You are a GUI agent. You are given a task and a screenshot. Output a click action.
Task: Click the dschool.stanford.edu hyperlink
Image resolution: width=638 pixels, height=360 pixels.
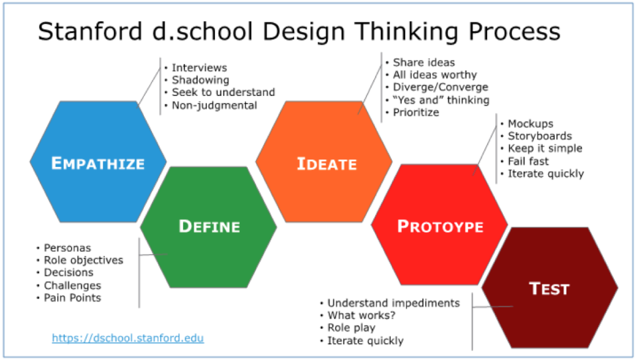(128, 338)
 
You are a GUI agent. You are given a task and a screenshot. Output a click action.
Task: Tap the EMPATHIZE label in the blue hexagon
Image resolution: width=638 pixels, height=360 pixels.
(98, 163)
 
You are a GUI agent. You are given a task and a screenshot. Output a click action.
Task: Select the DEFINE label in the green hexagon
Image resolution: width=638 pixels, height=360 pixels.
(209, 226)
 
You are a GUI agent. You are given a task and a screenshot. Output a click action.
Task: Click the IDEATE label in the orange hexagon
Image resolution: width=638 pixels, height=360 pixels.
(326, 164)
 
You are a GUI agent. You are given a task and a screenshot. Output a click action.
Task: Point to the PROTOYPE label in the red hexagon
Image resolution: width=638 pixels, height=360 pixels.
(440, 226)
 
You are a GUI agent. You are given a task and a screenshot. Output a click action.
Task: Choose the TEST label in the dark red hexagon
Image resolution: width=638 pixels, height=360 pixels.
(550, 288)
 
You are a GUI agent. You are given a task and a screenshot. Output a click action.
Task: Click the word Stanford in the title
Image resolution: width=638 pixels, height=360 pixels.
(90, 31)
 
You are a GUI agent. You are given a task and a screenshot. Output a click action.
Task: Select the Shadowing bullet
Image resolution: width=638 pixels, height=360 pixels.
(200, 80)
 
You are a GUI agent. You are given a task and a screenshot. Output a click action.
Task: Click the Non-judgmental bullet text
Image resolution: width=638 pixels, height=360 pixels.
(214, 105)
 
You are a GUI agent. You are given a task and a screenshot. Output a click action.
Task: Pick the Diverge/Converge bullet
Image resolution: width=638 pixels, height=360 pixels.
(440, 87)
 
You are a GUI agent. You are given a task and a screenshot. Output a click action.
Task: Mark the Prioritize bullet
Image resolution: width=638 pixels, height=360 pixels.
(416, 112)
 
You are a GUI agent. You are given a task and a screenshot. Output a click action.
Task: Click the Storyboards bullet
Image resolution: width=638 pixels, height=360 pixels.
(540, 136)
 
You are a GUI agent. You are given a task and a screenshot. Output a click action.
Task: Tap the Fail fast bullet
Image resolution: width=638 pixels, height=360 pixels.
(528, 161)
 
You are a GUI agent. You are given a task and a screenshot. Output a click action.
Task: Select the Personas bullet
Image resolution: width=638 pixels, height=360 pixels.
(67, 248)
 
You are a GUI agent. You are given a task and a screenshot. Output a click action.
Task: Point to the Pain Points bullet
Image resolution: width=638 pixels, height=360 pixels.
(72, 298)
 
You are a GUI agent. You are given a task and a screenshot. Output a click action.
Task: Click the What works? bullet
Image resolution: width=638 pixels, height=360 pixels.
(361, 315)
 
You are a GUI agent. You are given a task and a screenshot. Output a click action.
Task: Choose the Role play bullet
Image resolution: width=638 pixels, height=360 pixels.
(351, 328)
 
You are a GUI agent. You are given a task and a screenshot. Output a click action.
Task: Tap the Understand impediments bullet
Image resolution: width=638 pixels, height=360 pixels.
(394, 303)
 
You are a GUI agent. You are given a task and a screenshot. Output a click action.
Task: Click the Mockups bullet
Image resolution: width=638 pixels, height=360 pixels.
(530, 124)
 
